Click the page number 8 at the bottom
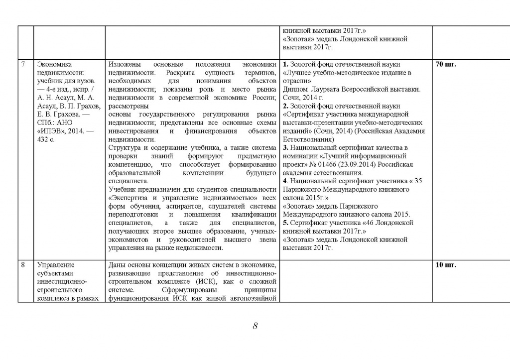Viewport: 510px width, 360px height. pyautogui.click(x=255, y=326)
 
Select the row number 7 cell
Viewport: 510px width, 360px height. pyautogui.click(x=23, y=64)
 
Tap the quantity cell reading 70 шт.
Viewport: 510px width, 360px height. pyautogui.click(x=446, y=64)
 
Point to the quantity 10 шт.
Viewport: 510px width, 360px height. pyautogui.click(x=446, y=265)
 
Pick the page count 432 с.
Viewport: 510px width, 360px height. pyautogui.click(x=46, y=139)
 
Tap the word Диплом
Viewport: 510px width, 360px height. pyautogui.click(x=294, y=89)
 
